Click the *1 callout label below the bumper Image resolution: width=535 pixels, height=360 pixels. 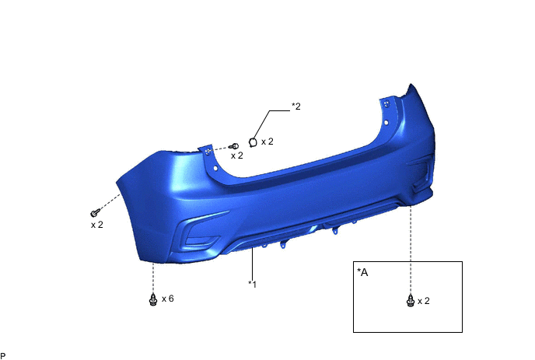click(252, 284)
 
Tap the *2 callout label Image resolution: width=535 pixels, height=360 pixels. click(296, 106)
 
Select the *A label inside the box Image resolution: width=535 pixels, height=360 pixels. click(362, 272)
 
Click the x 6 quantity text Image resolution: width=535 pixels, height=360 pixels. click(167, 299)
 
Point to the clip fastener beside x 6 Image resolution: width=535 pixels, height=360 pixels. click(153, 299)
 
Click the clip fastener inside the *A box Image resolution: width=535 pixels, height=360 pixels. click(411, 301)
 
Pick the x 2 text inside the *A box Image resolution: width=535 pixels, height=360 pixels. click(424, 301)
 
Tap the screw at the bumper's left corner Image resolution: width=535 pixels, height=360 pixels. click(95, 213)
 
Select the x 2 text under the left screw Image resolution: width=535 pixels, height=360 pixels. click(97, 225)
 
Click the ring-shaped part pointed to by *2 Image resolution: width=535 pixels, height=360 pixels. click(253, 142)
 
